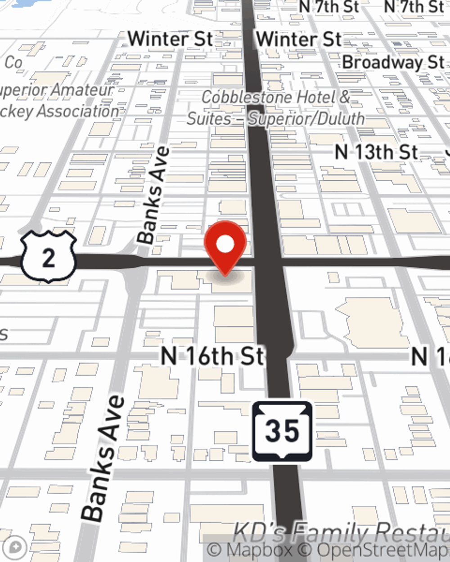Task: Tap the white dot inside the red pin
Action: point(225,244)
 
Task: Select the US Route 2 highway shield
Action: point(49,257)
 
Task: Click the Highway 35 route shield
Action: point(282,431)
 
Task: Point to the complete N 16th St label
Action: point(212,357)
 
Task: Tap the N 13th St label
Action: point(377,152)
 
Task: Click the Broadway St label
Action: point(393,62)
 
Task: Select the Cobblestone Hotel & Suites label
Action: point(275,108)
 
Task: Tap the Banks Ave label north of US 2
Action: point(154,195)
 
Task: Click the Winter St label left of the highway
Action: point(170,39)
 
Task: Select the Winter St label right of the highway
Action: point(299,39)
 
